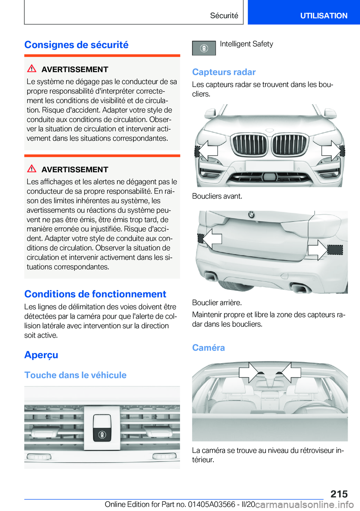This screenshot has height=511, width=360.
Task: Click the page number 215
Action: click(x=339, y=494)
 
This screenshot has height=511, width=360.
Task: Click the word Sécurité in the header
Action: click(x=224, y=16)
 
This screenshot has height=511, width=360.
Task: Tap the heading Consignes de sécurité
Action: click(x=76, y=45)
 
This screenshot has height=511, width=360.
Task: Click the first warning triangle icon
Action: click(x=32, y=69)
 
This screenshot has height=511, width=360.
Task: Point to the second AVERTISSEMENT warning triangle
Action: click(x=32, y=169)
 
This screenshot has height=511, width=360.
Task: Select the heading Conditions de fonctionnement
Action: click(x=95, y=294)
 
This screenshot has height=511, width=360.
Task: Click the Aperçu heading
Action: click(x=41, y=355)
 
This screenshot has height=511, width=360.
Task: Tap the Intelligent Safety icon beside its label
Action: click(x=204, y=48)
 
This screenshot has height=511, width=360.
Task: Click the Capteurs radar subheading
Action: click(x=224, y=72)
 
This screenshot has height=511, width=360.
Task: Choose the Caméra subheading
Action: click(x=208, y=348)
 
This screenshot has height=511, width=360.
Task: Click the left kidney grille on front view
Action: click(x=249, y=144)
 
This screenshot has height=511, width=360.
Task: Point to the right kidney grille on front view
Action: click(x=289, y=144)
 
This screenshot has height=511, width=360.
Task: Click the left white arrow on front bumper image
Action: click(x=207, y=150)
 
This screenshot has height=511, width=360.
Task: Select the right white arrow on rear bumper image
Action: click(x=317, y=249)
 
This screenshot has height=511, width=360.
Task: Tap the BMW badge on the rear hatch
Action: click(x=251, y=215)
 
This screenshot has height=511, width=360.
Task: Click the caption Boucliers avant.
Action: click(x=217, y=196)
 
